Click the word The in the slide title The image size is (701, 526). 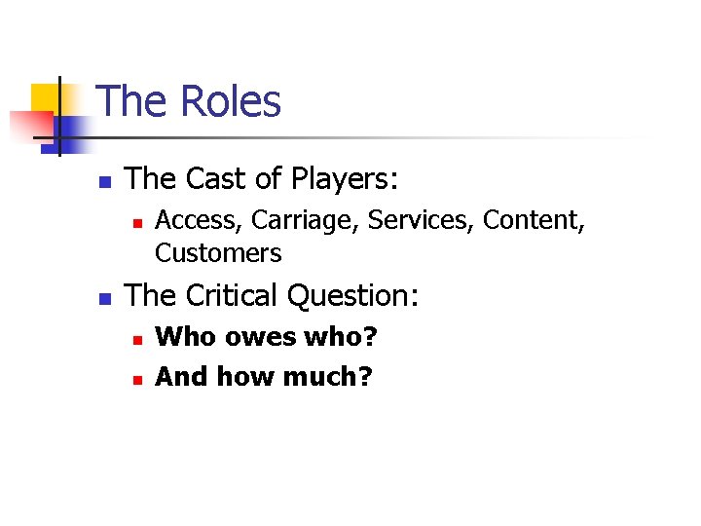coord(133,102)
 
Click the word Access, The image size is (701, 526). coord(199,221)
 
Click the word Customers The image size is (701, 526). coord(218,253)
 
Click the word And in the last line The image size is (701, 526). coord(182,376)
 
